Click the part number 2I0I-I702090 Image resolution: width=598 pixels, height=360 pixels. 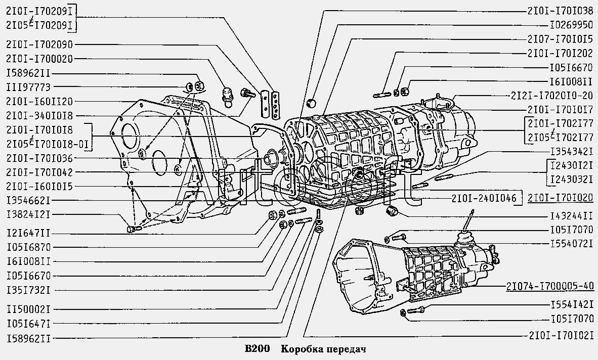(39, 44)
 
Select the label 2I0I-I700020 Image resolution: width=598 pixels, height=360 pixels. (39, 59)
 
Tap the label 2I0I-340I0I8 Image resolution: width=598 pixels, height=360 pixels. (39, 116)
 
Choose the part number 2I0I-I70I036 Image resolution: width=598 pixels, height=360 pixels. (39, 158)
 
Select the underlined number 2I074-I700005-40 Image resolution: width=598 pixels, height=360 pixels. (549, 287)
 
